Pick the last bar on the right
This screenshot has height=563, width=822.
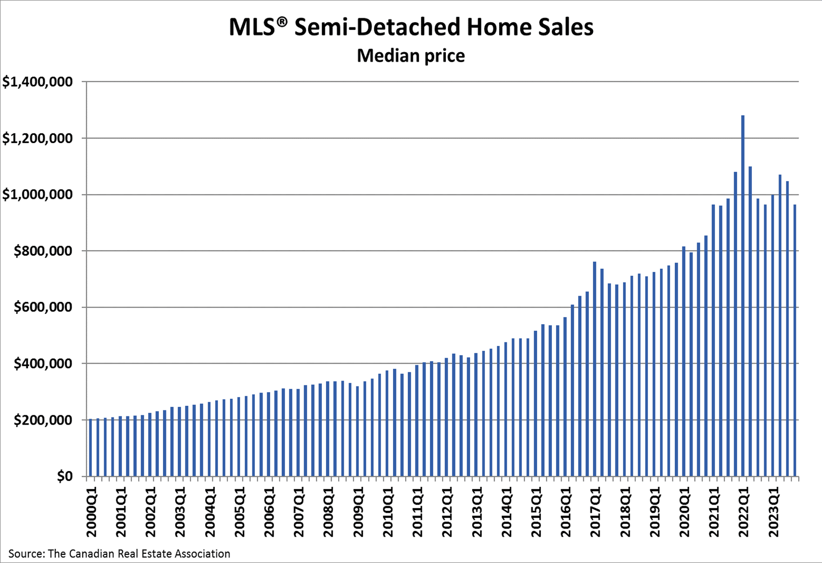point(795,340)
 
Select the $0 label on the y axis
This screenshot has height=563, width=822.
point(64,476)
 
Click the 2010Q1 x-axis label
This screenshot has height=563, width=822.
point(388,512)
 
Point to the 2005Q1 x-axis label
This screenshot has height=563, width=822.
point(240,512)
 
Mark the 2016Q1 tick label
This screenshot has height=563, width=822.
point(566,512)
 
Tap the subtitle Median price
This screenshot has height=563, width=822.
point(411,55)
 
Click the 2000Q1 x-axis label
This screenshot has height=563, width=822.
point(91,512)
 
